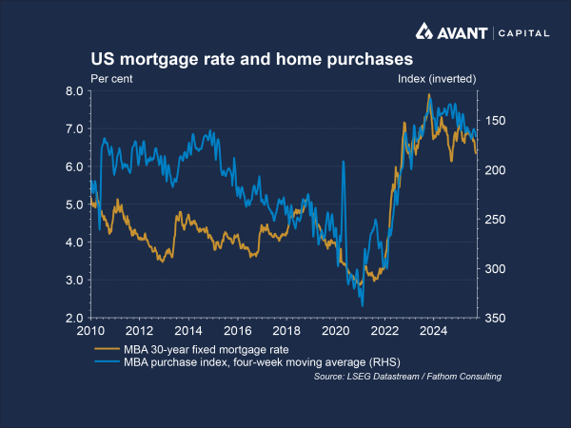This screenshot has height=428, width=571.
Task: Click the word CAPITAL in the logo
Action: click(x=523, y=32)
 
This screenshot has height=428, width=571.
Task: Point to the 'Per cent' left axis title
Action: click(x=110, y=77)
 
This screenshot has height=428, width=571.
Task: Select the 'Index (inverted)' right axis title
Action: click(x=435, y=77)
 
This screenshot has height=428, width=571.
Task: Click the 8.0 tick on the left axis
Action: click(x=74, y=91)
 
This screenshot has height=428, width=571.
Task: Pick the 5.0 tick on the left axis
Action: click(x=74, y=204)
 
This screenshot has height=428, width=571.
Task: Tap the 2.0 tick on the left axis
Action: click(x=74, y=318)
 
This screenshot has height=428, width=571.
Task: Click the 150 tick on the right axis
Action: click(x=494, y=121)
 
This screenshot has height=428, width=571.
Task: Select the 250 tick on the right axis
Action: click(x=494, y=220)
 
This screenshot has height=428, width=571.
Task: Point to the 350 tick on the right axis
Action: click(x=494, y=318)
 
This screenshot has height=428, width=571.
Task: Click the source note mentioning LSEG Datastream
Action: click(x=407, y=378)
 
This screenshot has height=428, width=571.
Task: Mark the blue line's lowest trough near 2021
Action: click(x=363, y=306)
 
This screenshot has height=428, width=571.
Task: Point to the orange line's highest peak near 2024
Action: click(x=429, y=95)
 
